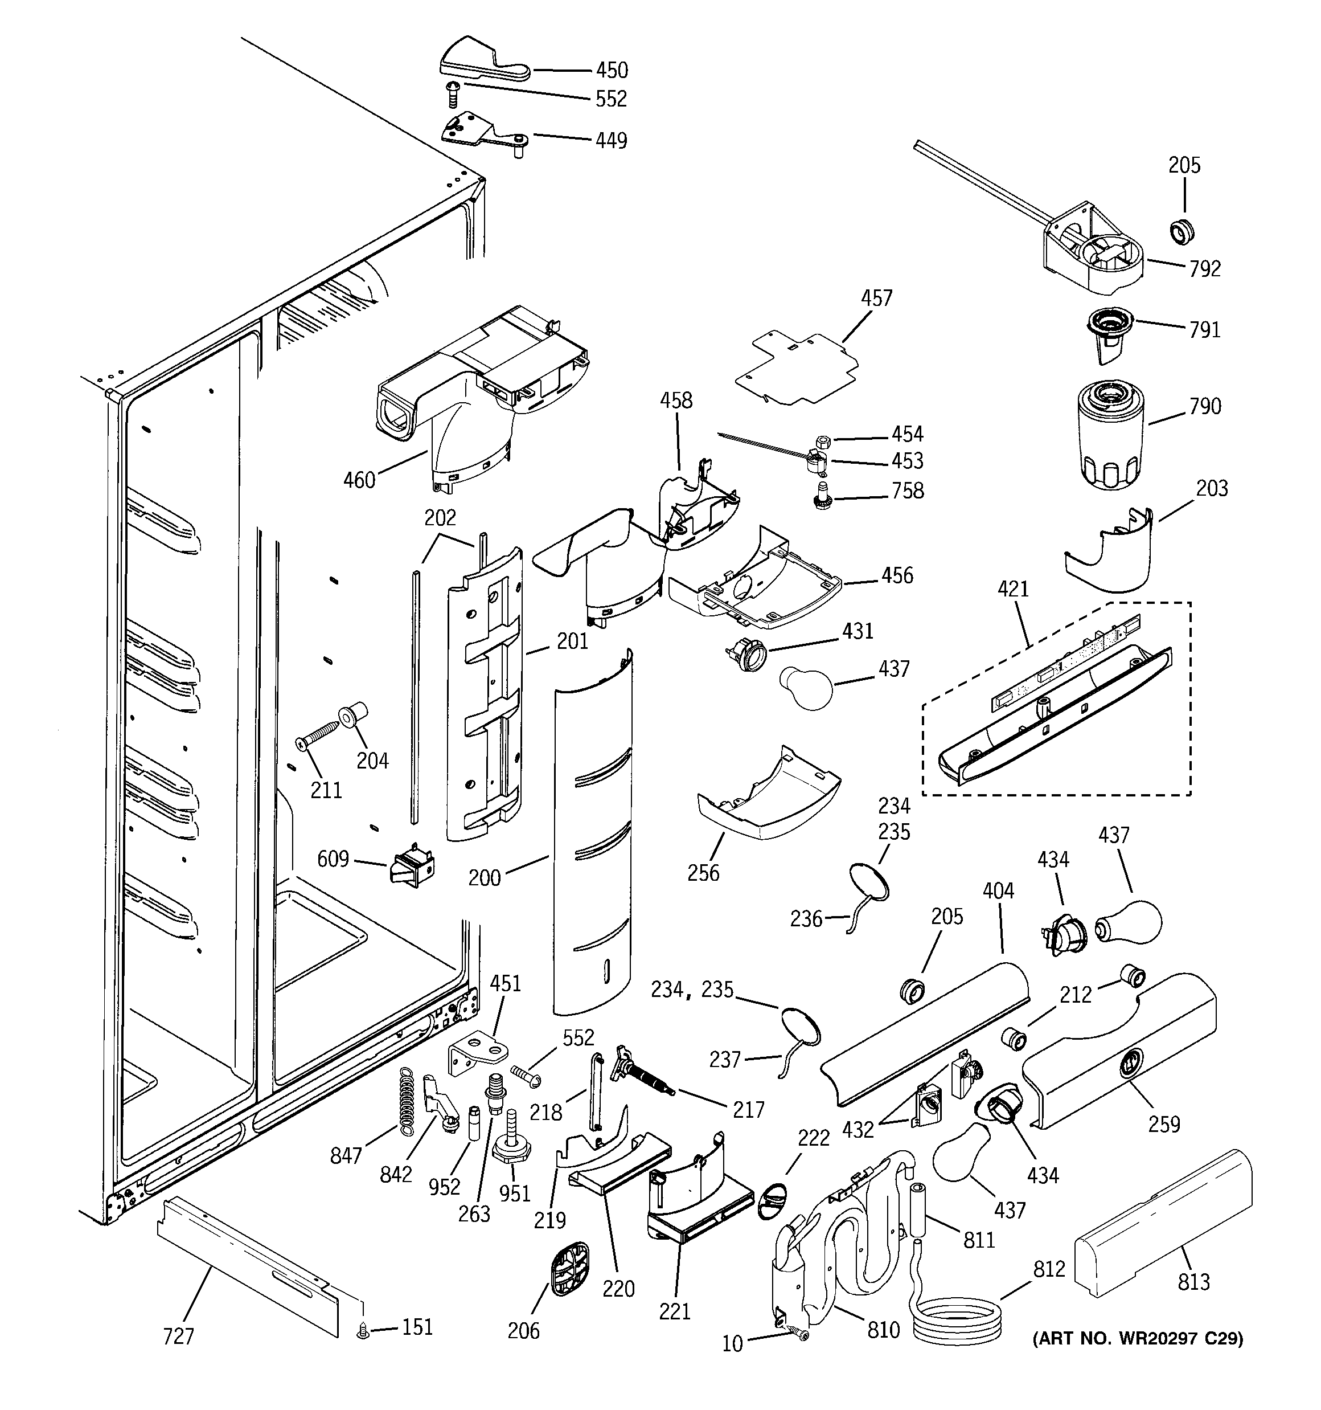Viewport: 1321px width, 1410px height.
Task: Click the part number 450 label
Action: [x=611, y=70]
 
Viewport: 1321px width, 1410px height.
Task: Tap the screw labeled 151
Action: [x=364, y=1332]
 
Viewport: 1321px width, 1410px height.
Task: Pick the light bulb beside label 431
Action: [x=807, y=686]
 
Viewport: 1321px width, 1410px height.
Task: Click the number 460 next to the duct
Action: [x=359, y=480]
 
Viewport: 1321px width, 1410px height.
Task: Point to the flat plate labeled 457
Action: [x=794, y=368]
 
